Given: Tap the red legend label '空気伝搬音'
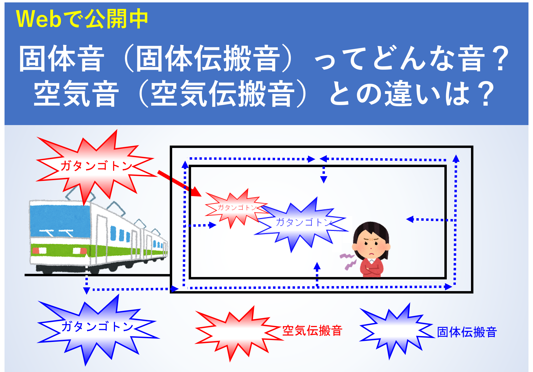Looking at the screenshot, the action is (312, 331).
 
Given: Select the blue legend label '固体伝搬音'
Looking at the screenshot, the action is (467, 332).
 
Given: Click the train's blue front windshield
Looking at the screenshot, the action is (60, 221).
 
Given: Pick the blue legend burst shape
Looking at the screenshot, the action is (396, 331).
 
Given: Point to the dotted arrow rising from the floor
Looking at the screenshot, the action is (317, 274).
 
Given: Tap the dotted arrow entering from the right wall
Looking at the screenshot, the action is (431, 220).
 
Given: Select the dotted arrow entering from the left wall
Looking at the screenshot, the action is (200, 225).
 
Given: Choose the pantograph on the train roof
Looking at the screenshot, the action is (80, 194).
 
